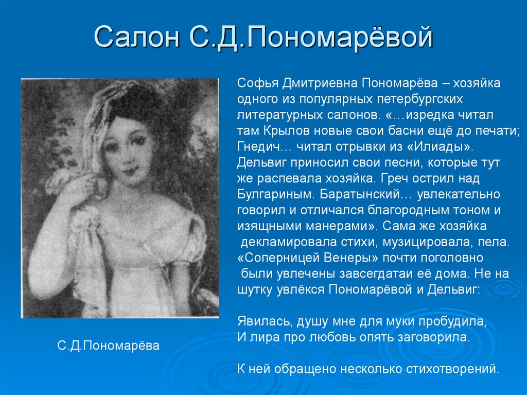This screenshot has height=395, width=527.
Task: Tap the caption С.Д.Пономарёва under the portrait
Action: [109, 345]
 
